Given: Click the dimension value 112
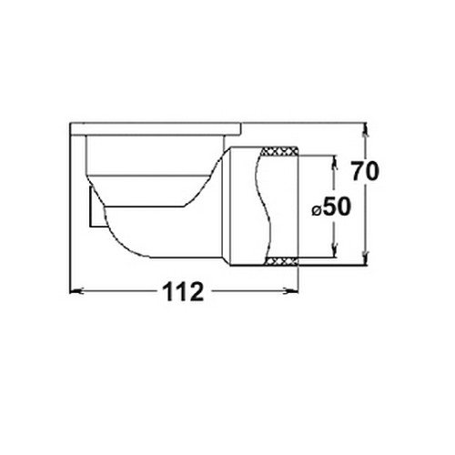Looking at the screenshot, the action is tap(183, 291).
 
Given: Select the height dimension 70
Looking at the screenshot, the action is tap(365, 171).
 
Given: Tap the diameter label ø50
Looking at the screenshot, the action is tap(331, 207).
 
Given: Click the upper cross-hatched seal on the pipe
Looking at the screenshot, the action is tap(279, 151).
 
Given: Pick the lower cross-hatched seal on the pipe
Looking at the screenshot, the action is tap(281, 260).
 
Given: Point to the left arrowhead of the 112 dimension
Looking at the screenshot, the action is tap(76, 291).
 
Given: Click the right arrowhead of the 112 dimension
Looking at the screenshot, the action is tap(292, 291).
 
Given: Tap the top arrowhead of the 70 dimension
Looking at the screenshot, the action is tap(366, 129).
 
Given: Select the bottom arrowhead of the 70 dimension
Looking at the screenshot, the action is tap(366, 258).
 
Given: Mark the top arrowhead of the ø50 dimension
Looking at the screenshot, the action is tap(334, 162).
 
